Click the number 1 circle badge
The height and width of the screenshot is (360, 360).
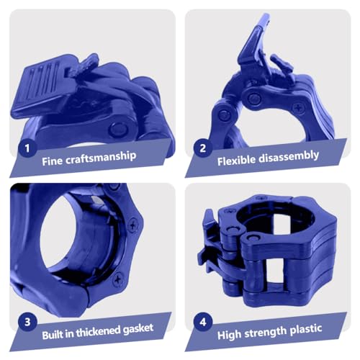tap(27, 148)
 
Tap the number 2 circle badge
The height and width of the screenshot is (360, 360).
tap(203, 148)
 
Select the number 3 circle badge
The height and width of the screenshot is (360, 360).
tap(27, 322)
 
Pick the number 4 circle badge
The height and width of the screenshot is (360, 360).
tap(203, 322)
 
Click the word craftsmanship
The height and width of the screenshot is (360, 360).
tap(101, 157)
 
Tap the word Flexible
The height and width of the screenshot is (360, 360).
tap(236, 161)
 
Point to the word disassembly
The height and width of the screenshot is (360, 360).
tap(289, 157)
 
